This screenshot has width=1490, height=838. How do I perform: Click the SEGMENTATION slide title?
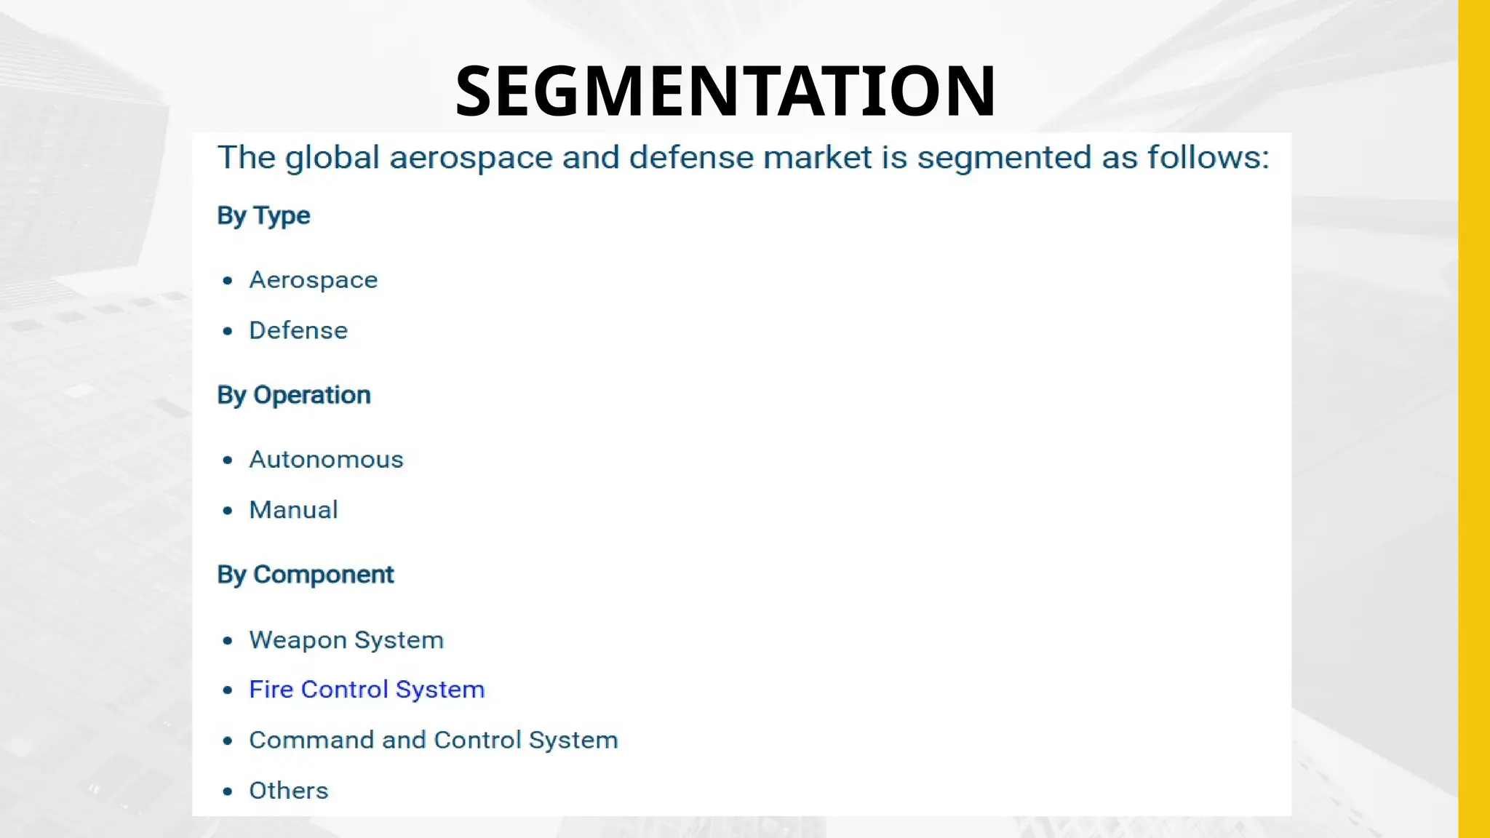pos(725,91)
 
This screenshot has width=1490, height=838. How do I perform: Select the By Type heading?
pos(263,216)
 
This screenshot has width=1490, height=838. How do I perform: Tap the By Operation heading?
pos(294,395)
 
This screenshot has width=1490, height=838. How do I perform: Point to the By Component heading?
pos(306,575)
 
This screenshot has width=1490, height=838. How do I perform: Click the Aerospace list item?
pos(314,280)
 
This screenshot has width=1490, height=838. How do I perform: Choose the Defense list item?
pos(298,331)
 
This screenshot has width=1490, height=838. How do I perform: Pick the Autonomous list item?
pos(326,460)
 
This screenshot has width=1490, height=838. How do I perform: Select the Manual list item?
pos(293,510)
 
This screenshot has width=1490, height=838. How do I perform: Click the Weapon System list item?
pos(346,640)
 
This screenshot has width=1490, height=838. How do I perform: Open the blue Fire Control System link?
pos(367,690)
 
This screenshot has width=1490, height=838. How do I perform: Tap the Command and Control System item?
pos(434,741)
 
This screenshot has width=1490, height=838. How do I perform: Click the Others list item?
pos(289,791)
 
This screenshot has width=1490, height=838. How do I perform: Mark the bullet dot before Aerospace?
pos(228,281)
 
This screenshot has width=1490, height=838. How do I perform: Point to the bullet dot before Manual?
pos(228,511)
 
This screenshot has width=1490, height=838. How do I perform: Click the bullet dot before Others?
pos(228,791)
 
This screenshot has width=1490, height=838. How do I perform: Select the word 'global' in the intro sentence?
pos(332,159)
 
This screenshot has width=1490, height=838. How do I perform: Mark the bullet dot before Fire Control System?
pos(228,690)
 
